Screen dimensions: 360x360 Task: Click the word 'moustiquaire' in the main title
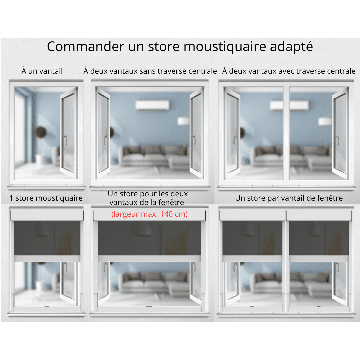(x=225, y=47)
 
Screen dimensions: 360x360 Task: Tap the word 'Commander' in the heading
(x=86, y=46)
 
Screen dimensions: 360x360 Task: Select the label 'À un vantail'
(x=42, y=71)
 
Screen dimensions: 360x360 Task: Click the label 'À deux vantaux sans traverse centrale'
(x=150, y=71)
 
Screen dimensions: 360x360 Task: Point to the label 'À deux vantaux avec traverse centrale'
(x=289, y=71)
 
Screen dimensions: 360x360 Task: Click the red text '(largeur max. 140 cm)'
(x=149, y=214)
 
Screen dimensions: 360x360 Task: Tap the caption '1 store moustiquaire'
(x=46, y=198)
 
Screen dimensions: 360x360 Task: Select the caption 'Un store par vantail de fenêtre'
(x=289, y=198)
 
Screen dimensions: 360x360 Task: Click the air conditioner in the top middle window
(x=153, y=105)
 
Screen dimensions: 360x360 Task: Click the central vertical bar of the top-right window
(x=286, y=133)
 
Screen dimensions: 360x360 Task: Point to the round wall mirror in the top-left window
(x=40, y=132)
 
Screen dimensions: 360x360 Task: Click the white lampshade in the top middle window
(x=183, y=121)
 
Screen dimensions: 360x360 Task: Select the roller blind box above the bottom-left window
(x=47, y=215)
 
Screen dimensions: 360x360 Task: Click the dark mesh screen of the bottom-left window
(x=47, y=238)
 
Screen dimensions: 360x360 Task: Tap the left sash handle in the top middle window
(x=105, y=140)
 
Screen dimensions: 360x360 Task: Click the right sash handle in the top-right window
(x=337, y=140)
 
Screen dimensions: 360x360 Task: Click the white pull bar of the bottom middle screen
(x=149, y=259)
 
